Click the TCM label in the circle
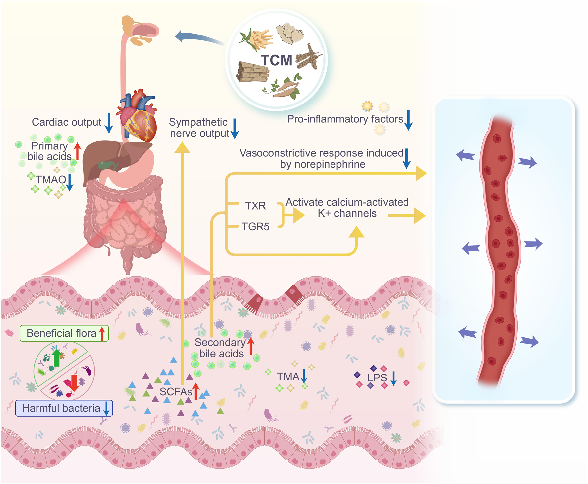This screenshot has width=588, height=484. [276, 60]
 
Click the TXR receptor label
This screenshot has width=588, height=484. [256, 206]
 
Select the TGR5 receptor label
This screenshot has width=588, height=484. [256, 227]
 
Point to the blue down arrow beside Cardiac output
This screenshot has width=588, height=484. [109, 123]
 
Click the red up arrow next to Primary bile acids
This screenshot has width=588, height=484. [77, 151]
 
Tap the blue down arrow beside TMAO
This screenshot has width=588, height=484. [70, 182]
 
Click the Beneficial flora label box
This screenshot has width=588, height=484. [64, 333]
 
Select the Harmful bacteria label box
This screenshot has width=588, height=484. [64, 408]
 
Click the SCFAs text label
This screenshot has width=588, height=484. [176, 392]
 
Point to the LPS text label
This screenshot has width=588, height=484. [377, 378]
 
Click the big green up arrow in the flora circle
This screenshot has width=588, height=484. [57, 358]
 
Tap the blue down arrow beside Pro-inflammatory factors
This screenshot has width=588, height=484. [409, 120]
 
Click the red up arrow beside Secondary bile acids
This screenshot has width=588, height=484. [251, 346]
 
